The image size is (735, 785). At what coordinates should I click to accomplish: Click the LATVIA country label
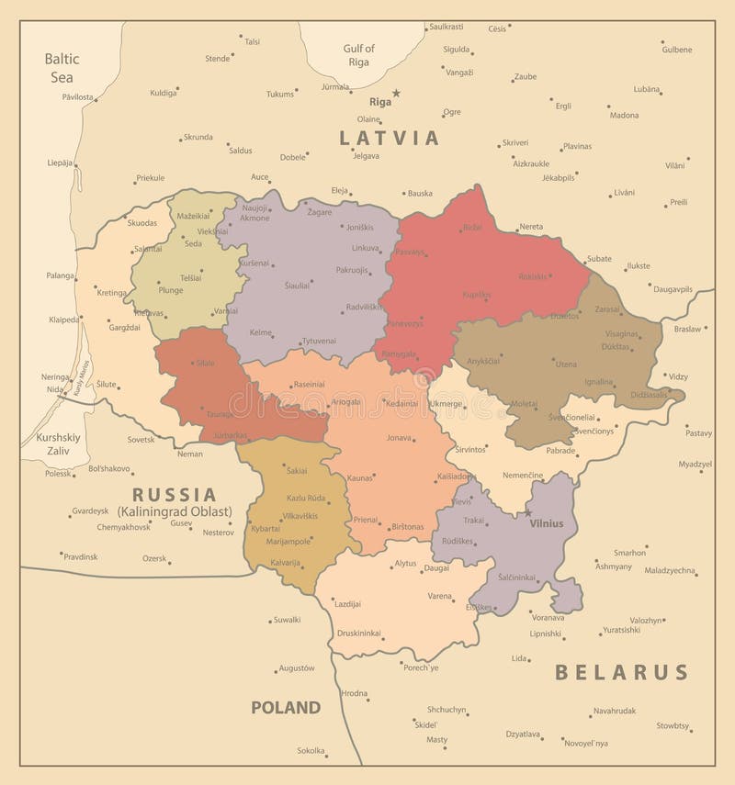390,139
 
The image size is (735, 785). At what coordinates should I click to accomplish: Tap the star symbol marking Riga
397,93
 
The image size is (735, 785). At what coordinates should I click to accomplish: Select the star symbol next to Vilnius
528,512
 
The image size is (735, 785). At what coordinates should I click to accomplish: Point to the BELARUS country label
621,672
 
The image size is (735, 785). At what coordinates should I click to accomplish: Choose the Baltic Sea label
62,68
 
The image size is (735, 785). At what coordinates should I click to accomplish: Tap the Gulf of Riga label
359,55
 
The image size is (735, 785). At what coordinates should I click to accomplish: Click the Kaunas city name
360,478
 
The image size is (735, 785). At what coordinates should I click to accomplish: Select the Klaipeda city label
63,320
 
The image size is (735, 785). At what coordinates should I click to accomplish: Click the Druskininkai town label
358,633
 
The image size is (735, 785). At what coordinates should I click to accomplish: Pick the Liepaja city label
60,163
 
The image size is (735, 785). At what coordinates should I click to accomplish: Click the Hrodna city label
354,693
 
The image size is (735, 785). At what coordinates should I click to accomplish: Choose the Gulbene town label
677,49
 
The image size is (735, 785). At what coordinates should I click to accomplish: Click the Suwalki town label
287,620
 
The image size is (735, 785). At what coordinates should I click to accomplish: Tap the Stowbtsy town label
673,725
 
